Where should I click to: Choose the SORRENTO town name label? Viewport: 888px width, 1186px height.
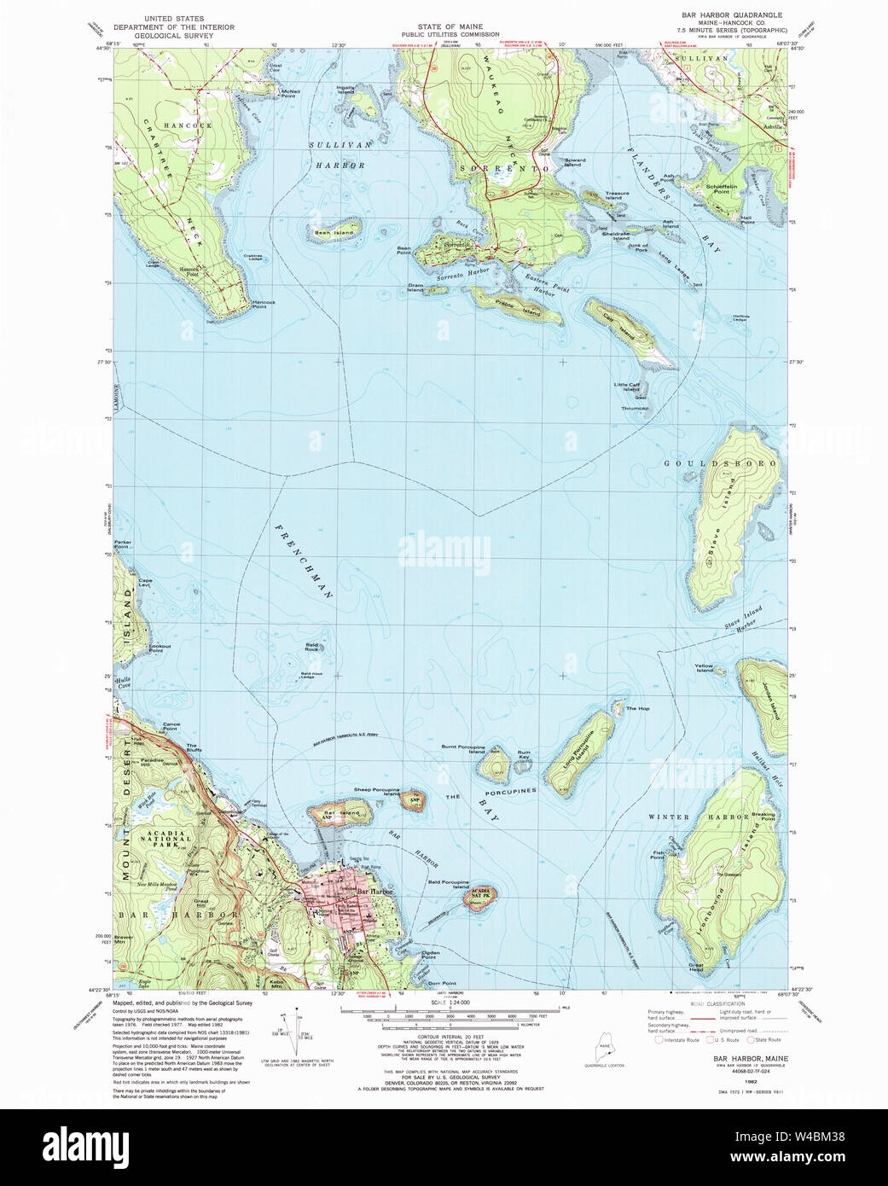[x=505, y=169]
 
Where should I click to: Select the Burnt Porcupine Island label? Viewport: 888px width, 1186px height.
[x=463, y=749]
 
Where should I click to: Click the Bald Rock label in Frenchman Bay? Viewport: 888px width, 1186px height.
[x=312, y=647]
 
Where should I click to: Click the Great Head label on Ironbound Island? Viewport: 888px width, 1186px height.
[x=696, y=967]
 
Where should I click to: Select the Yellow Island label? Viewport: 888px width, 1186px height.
[x=704, y=668]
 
